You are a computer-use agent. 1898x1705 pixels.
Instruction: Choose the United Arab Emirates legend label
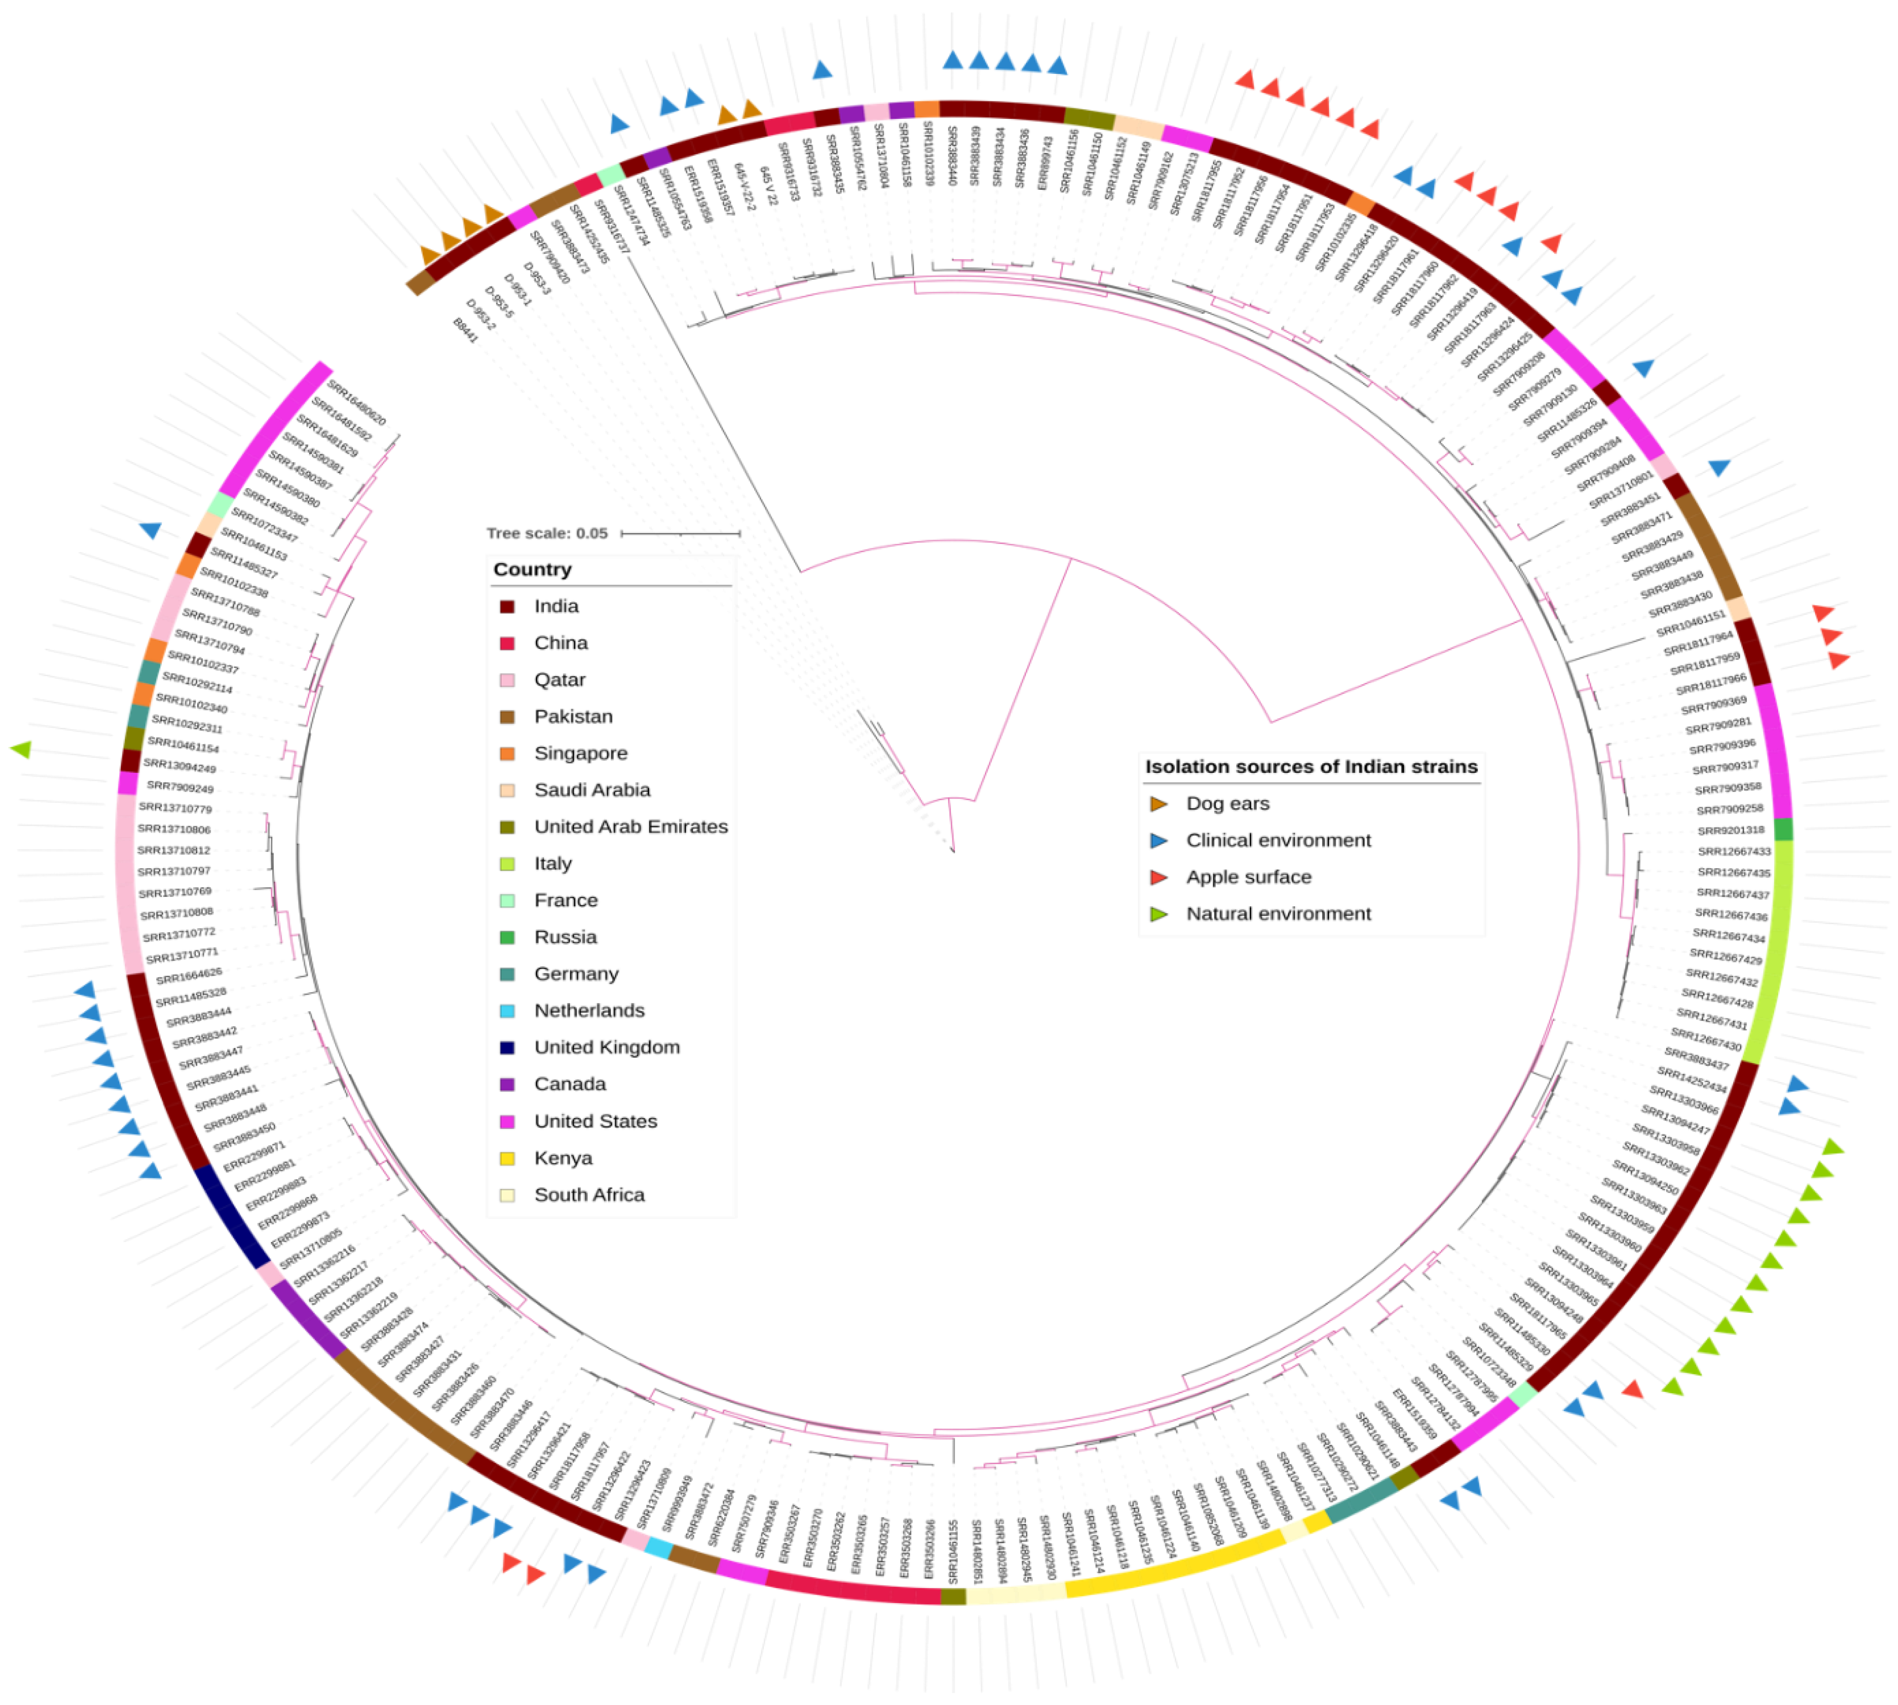[x=630, y=826]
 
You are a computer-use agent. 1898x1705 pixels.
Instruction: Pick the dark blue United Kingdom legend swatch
[x=507, y=1048]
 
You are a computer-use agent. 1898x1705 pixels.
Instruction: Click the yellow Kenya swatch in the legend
[x=507, y=1158]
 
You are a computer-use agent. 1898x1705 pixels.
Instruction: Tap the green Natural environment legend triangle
[x=1159, y=913]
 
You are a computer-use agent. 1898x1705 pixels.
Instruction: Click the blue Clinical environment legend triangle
[x=1159, y=840]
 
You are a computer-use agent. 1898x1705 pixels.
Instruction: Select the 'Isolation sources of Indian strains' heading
[x=1311, y=766]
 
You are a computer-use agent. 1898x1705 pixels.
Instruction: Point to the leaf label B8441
[x=466, y=330]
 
